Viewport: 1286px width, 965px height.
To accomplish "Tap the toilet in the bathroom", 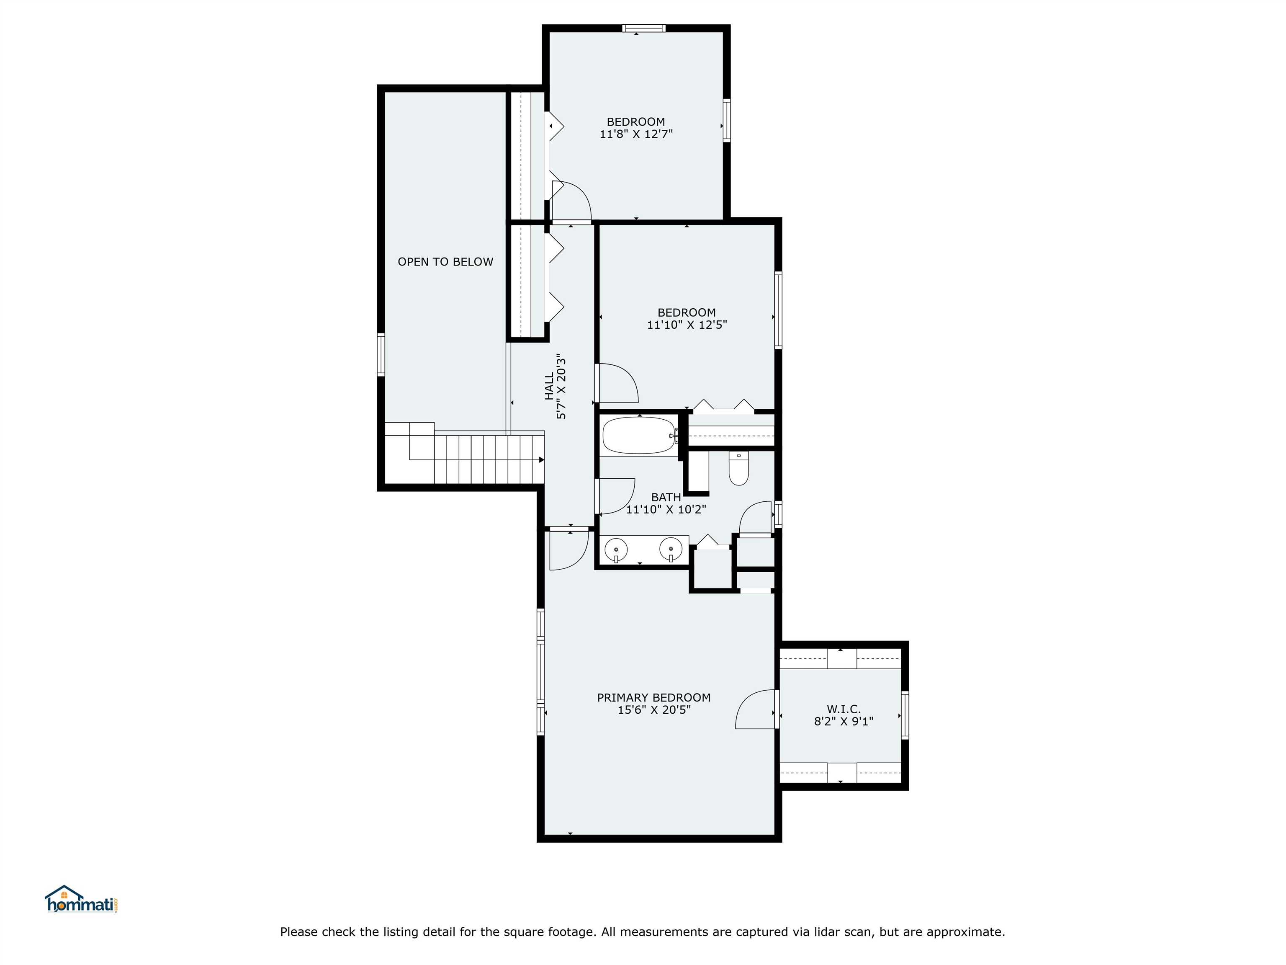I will (738, 470).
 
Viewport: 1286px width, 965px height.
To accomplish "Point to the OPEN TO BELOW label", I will (445, 262).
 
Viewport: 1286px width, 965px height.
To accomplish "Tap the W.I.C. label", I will (844, 709).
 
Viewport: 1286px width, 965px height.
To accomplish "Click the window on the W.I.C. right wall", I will (905, 715).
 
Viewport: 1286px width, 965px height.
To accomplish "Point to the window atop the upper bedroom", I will (643, 28).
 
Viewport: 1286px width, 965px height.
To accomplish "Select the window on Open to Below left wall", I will (381, 354).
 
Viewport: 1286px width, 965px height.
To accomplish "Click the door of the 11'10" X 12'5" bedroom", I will (617, 383).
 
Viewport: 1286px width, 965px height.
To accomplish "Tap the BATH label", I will (666, 497).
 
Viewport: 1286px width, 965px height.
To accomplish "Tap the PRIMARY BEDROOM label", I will (653, 697).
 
